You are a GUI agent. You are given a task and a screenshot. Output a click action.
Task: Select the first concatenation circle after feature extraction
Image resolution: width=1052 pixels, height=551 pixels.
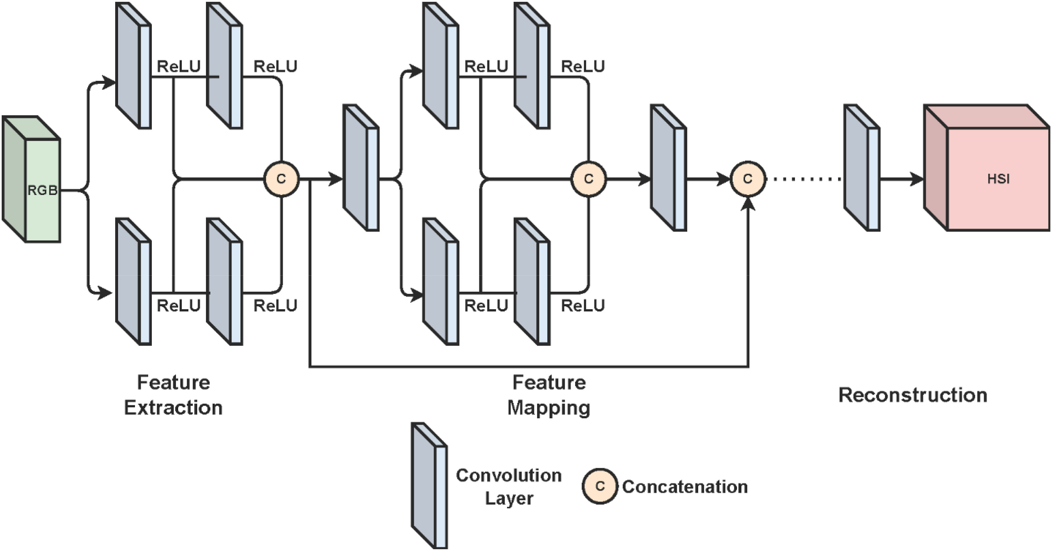click(281, 179)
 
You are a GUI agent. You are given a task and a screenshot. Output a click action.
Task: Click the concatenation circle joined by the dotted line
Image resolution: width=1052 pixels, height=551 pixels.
click(748, 179)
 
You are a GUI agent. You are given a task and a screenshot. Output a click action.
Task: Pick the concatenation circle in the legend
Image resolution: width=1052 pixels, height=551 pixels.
click(600, 486)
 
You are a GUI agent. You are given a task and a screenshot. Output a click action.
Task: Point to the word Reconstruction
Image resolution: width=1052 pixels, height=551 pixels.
click(913, 395)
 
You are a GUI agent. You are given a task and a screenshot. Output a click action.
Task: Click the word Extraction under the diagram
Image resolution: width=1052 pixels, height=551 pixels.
click(173, 408)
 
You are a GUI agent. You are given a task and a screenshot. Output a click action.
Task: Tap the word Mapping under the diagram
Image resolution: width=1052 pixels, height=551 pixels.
click(548, 408)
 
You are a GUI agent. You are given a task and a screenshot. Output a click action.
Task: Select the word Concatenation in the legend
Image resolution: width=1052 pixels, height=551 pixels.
click(685, 487)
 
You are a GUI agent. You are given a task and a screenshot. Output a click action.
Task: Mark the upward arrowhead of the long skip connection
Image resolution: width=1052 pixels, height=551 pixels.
click(748, 203)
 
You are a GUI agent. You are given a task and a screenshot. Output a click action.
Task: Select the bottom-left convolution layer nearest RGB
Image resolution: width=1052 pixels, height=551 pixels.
click(133, 282)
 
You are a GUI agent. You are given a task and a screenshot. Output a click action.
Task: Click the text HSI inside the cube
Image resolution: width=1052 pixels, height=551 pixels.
click(998, 179)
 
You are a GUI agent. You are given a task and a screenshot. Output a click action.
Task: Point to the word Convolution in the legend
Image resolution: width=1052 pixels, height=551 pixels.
click(508, 475)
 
